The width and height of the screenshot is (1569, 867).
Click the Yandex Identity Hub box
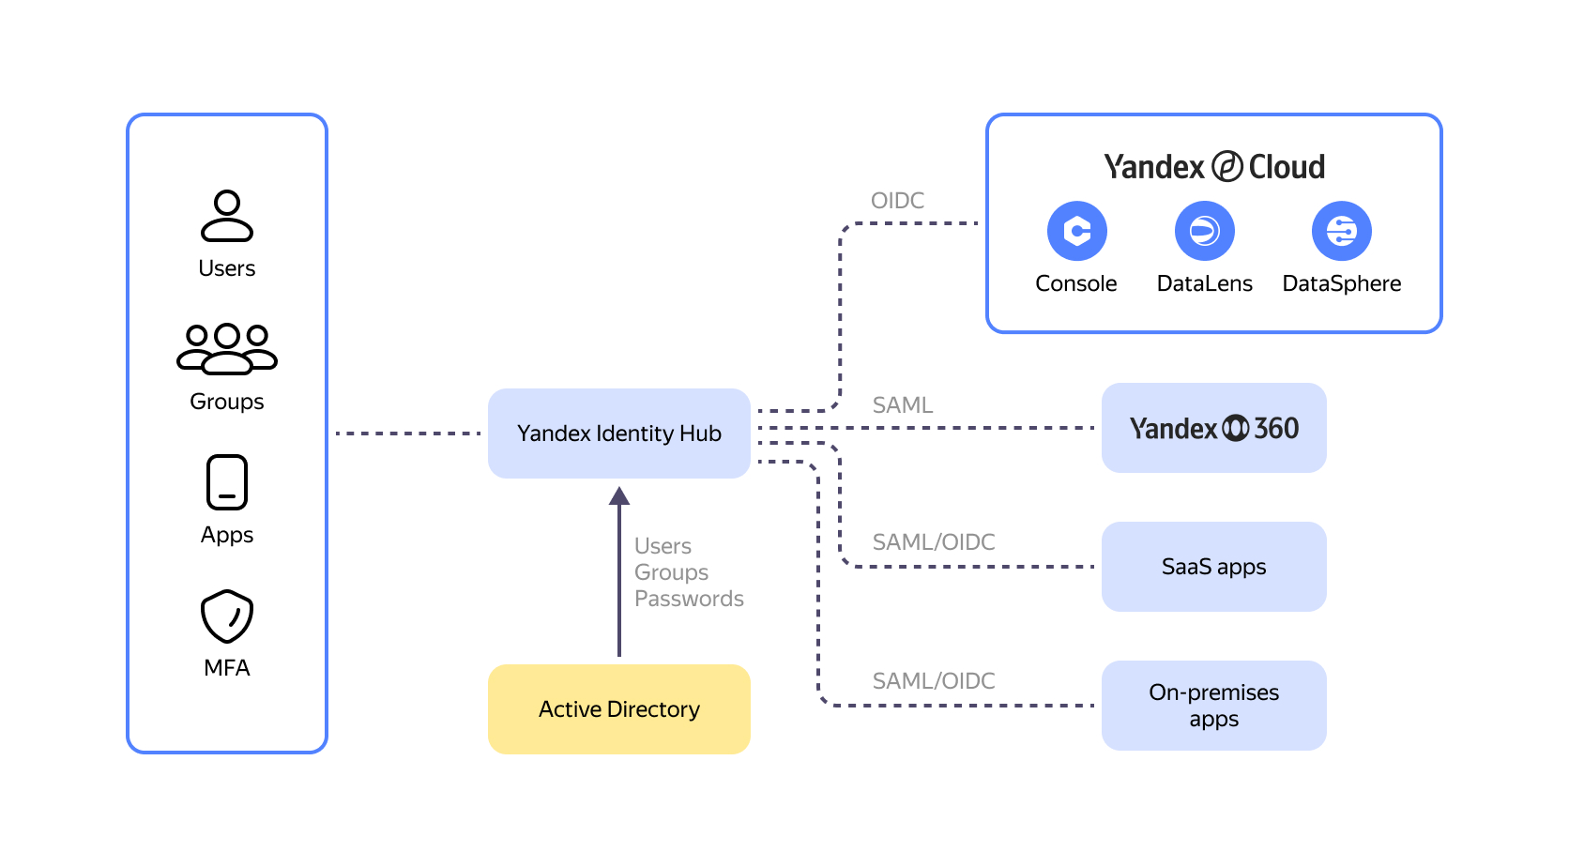(x=618, y=433)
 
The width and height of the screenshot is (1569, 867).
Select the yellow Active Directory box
(x=618, y=709)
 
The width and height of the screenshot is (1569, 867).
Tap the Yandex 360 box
(x=1213, y=428)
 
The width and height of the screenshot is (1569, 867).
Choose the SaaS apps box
(x=1213, y=567)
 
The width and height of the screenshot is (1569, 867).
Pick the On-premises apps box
(x=1213, y=706)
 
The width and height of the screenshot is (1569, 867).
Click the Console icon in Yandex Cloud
(x=1076, y=231)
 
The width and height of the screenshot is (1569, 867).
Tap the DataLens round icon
(x=1204, y=231)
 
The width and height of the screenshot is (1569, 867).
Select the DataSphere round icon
(x=1341, y=231)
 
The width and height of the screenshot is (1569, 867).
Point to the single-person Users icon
(x=227, y=216)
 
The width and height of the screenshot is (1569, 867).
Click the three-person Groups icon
(x=227, y=348)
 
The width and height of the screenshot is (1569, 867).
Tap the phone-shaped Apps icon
(x=227, y=482)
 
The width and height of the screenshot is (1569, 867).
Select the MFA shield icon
(x=227, y=616)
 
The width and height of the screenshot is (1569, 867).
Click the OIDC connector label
(x=897, y=201)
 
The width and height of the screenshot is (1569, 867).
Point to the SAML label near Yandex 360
(x=903, y=405)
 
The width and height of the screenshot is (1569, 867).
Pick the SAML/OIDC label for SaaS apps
(x=934, y=542)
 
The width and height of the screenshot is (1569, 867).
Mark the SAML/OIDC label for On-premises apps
(x=934, y=681)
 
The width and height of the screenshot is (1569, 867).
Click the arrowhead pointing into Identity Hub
(x=619, y=496)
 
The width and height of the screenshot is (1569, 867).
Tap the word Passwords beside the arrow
(x=689, y=599)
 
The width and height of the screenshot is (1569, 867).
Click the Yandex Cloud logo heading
(x=1214, y=167)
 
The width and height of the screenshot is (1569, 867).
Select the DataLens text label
(x=1204, y=283)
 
